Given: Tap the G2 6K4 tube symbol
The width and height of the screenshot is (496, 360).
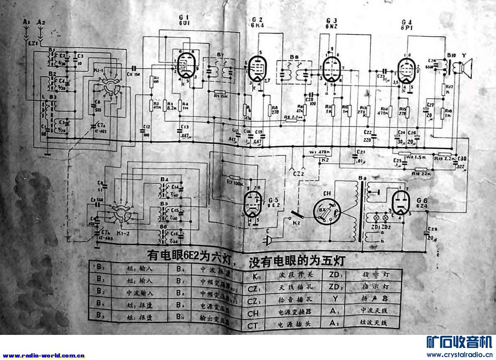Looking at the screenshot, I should click(256, 68).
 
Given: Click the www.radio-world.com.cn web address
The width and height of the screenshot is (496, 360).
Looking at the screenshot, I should click(44, 355).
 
